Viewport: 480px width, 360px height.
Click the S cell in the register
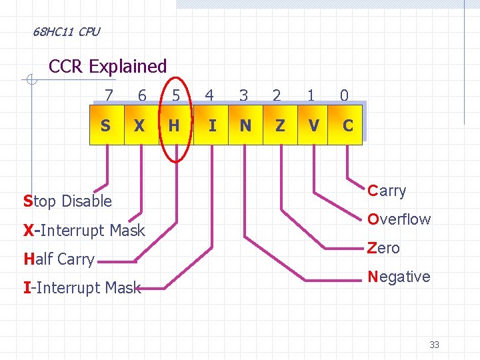(x=106, y=125)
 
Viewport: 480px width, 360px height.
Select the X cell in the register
(x=139, y=125)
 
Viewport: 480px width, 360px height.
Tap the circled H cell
(x=174, y=125)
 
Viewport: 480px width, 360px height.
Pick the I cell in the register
(x=212, y=125)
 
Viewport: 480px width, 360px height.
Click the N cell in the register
(x=245, y=125)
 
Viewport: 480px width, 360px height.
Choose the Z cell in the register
(x=279, y=125)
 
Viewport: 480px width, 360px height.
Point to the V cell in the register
(x=313, y=125)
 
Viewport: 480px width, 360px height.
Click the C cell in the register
(x=347, y=125)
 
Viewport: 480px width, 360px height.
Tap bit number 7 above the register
(x=108, y=96)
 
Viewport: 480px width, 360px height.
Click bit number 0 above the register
(x=344, y=96)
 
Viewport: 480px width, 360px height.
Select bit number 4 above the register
(x=209, y=96)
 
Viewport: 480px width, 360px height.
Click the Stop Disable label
(x=67, y=201)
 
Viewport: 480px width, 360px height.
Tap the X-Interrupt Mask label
(x=84, y=231)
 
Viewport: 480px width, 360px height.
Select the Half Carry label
(x=59, y=259)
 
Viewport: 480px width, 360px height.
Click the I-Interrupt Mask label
(x=82, y=288)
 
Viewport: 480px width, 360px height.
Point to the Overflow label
(x=399, y=219)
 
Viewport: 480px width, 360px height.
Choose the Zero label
(x=383, y=248)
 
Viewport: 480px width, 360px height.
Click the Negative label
(x=399, y=277)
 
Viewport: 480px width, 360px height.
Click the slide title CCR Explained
(x=108, y=67)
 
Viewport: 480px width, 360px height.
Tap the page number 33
(x=434, y=345)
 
